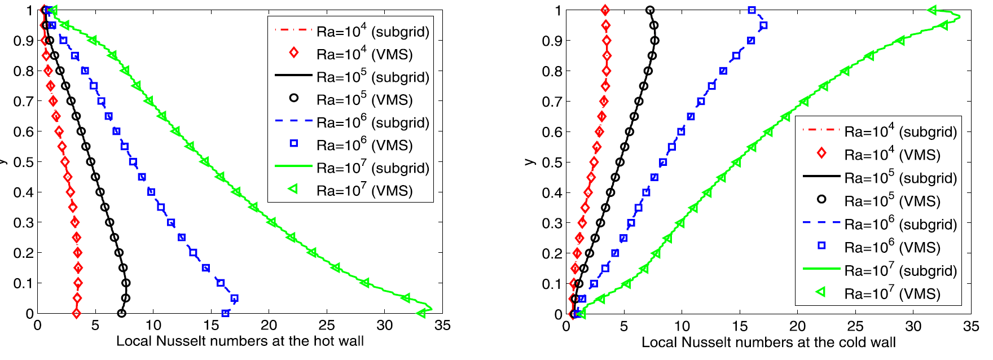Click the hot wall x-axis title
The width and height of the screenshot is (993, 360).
click(x=240, y=341)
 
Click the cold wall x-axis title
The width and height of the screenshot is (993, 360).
click(x=768, y=343)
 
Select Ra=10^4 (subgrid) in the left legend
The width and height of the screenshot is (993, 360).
click(x=373, y=32)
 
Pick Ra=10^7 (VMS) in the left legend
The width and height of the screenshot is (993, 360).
click(x=364, y=191)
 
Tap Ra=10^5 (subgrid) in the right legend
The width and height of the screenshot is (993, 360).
click(x=900, y=178)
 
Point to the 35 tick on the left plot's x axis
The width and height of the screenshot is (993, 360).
click(x=442, y=326)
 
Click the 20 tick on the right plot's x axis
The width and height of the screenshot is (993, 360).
click(x=797, y=327)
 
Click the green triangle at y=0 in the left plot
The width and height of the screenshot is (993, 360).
click(x=421, y=313)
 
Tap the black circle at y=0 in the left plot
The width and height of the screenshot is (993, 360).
click(x=121, y=313)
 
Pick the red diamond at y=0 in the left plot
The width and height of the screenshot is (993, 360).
click(x=76, y=313)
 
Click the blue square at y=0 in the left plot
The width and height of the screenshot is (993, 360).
click(x=225, y=313)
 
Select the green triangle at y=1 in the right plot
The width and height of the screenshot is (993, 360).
click(x=932, y=10)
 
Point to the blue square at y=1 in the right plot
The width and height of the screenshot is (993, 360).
click(x=752, y=10)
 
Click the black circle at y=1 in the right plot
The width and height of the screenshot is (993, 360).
click(x=650, y=10)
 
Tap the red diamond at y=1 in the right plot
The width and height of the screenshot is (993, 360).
click(x=605, y=10)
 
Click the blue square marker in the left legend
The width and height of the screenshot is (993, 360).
click(x=293, y=144)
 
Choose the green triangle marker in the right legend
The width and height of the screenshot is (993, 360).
click(x=821, y=292)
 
